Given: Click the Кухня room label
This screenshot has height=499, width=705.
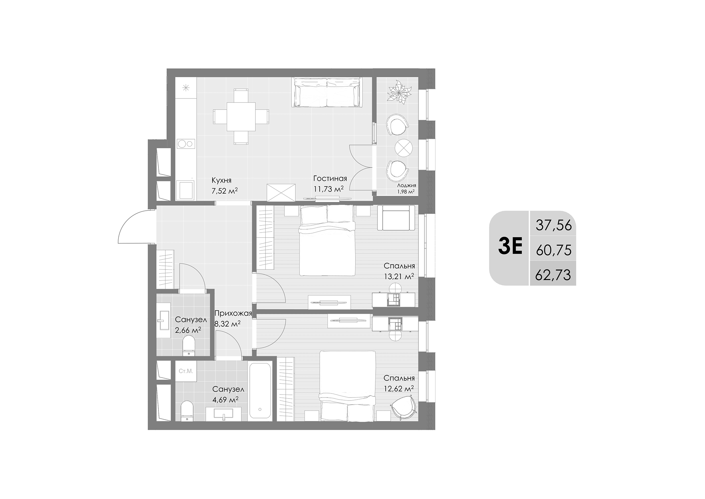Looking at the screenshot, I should pyautogui.click(x=221, y=180).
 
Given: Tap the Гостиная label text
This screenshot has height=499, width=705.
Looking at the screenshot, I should pyautogui.click(x=330, y=178).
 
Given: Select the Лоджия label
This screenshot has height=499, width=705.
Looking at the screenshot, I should pyautogui.click(x=406, y=185).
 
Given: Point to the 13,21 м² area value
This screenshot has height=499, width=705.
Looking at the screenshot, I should pyautogui.click(x=398, y=277).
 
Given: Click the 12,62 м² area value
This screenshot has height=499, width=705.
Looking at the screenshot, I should pyautogui.click(x=398, y=389).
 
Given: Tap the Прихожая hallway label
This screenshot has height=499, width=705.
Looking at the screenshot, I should pyautogui.click(x=233, y=314).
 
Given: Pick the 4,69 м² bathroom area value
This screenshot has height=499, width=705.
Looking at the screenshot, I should pyautogui.click(x=225, y=400).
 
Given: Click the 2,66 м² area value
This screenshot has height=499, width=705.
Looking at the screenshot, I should pyautogui.click(x=188, y=330).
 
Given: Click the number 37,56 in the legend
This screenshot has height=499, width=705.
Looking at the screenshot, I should pyautogui.click(x=553, y=225).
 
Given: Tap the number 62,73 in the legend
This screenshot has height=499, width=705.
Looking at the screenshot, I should pyautogui.click(x=553, y=275).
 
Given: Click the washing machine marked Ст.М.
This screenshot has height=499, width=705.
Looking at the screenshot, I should pyautogui.click(x=186, y=371).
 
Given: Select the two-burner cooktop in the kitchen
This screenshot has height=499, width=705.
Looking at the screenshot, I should pyautogui.click(x=186, y=144).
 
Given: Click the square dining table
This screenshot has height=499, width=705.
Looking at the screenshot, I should pyautogui.click(x=241, y=117).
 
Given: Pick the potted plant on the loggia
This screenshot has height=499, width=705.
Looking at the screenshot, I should pyautogui.click(x=399, y=90).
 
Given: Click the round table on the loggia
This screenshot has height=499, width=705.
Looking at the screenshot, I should pyautogui.click(x=403, y=147).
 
